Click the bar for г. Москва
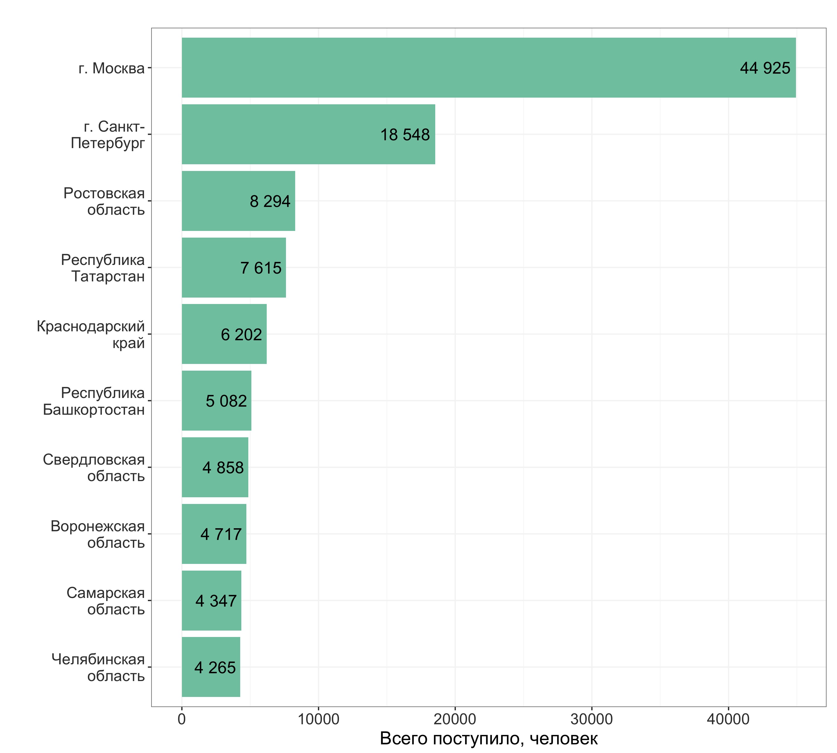[489, 68]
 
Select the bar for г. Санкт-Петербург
[308, 134]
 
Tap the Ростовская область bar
[239, 201]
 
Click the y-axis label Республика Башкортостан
[94, 401]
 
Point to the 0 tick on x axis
[182, 719]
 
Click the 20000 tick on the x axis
[455, 719]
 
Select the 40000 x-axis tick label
[728, 719]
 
